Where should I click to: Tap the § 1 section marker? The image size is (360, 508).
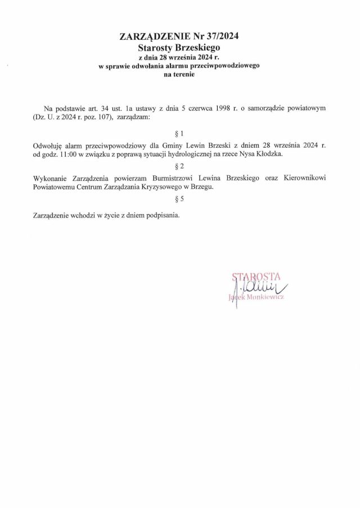tap(179, 134)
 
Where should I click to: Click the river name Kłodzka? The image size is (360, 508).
tap(272, 153)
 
